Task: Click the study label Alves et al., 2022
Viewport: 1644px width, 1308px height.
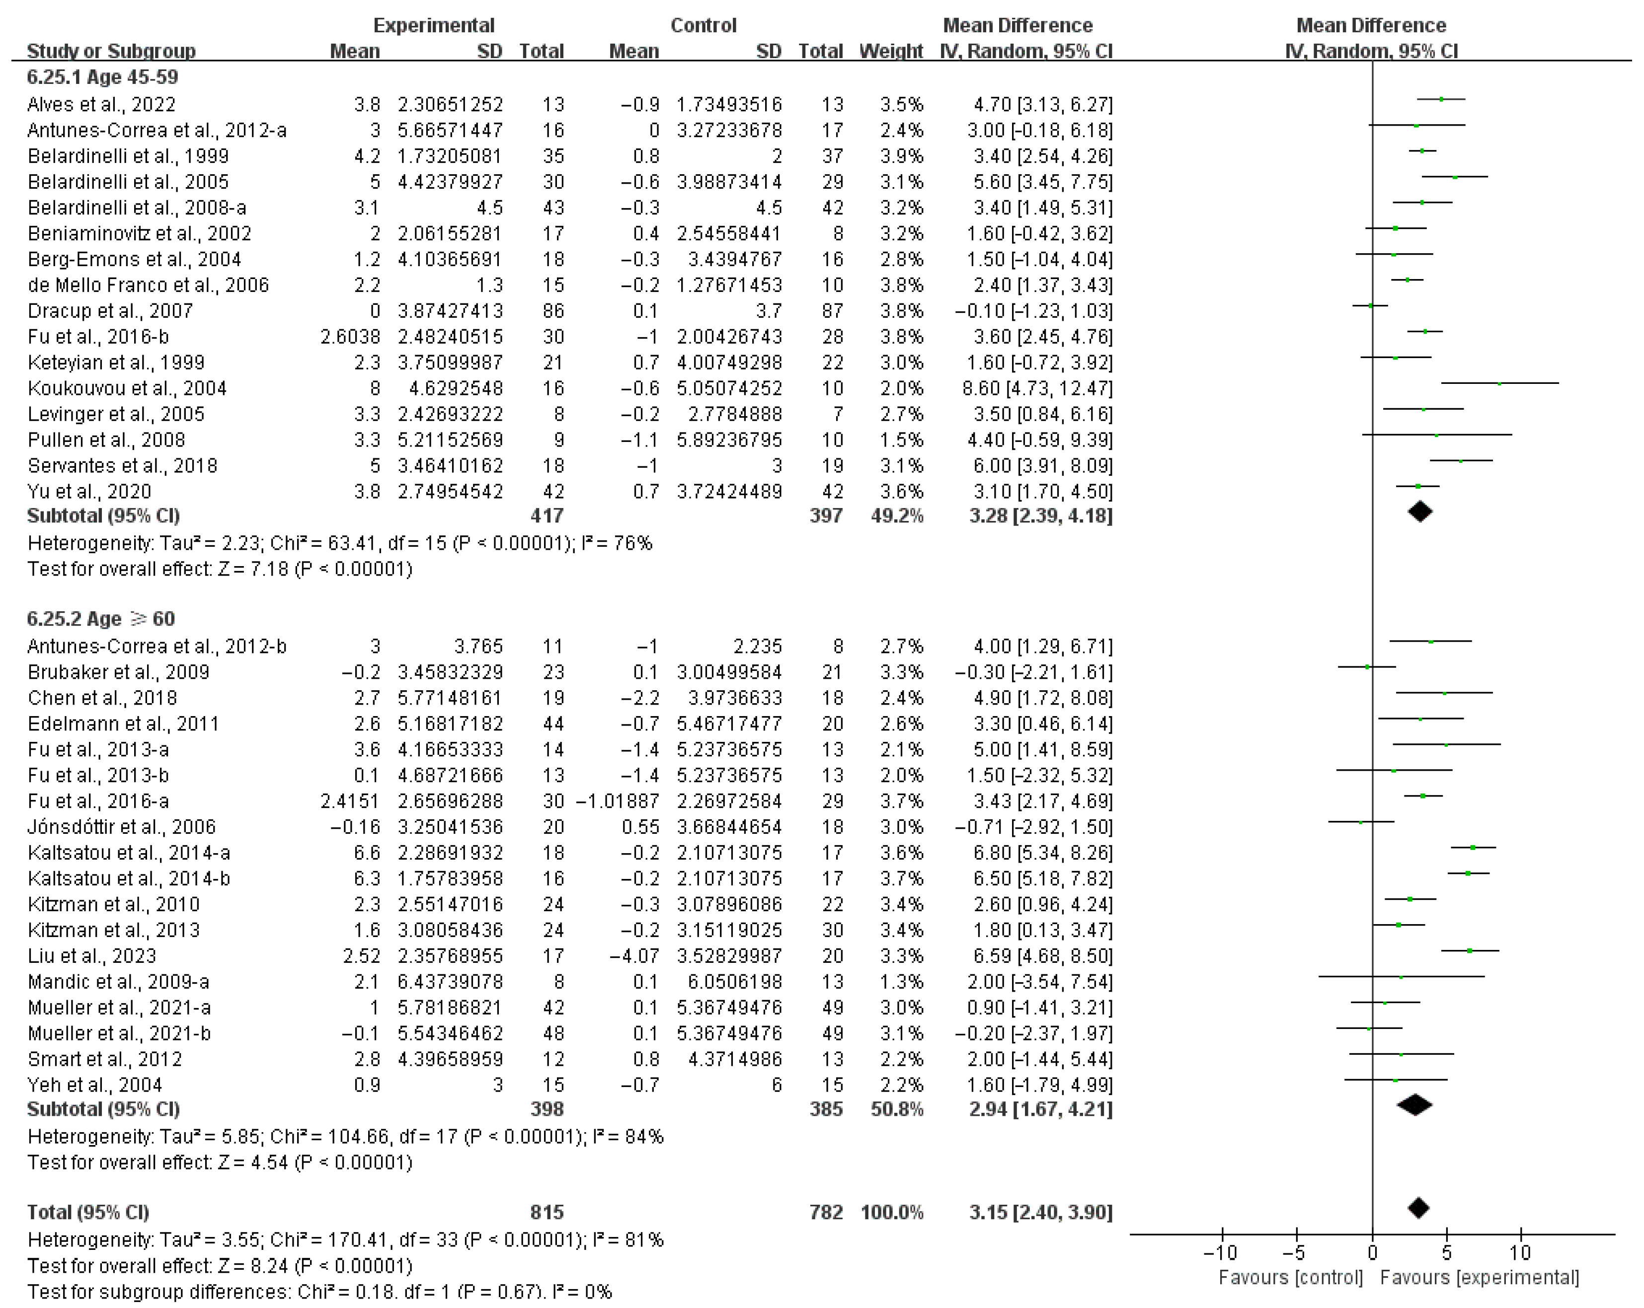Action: [101, 104]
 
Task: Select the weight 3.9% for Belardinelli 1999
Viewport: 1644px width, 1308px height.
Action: [901, 156]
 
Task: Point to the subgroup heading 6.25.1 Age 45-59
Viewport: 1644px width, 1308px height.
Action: [102, 77]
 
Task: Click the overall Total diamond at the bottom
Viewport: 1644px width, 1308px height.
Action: [1418, 1207]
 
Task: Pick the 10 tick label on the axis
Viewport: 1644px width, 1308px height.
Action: [1520, 1253]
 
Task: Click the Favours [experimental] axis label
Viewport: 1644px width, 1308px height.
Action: [1479, 1278]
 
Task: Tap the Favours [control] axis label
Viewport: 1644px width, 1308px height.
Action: [1290, 1278]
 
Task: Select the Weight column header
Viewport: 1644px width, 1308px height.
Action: [891, 51]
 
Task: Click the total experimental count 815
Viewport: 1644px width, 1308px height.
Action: [547, 1212]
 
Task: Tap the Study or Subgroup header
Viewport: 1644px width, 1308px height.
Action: [111, 51]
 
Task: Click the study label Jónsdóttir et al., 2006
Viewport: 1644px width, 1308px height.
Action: [122, 827]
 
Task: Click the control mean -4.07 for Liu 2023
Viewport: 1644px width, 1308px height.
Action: [639, 956]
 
